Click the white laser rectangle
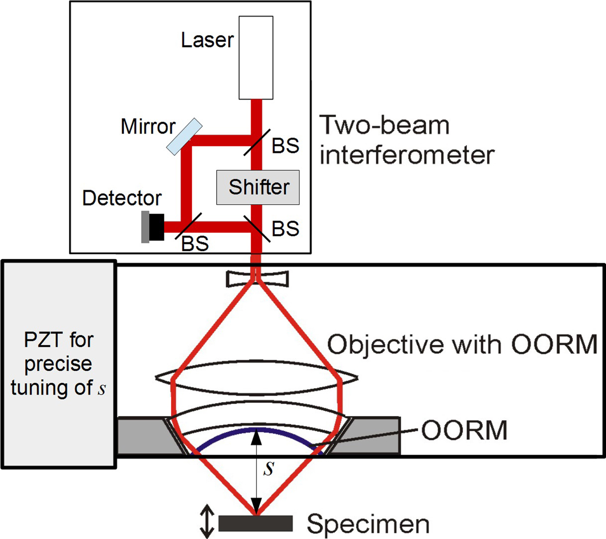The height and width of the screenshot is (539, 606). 256,58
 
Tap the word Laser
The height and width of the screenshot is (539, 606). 207,40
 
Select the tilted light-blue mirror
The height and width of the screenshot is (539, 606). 184,137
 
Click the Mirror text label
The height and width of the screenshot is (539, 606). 148,127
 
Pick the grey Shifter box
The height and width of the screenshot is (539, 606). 258,187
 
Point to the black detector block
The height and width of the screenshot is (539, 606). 156,227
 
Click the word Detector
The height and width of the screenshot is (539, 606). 122,198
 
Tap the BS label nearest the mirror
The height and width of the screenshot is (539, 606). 285,146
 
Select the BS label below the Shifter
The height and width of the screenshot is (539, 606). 285,229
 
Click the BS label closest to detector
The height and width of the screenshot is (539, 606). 195,244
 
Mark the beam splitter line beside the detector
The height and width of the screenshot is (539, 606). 188,226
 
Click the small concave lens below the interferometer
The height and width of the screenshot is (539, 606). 257,279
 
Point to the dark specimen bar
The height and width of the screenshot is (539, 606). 255,523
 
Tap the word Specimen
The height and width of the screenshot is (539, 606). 368,524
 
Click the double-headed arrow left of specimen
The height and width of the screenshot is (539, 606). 207,521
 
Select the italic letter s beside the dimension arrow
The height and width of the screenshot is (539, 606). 269,468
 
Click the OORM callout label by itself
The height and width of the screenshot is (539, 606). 464,430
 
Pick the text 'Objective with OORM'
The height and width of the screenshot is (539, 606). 462,345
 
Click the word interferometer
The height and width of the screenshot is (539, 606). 407,155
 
